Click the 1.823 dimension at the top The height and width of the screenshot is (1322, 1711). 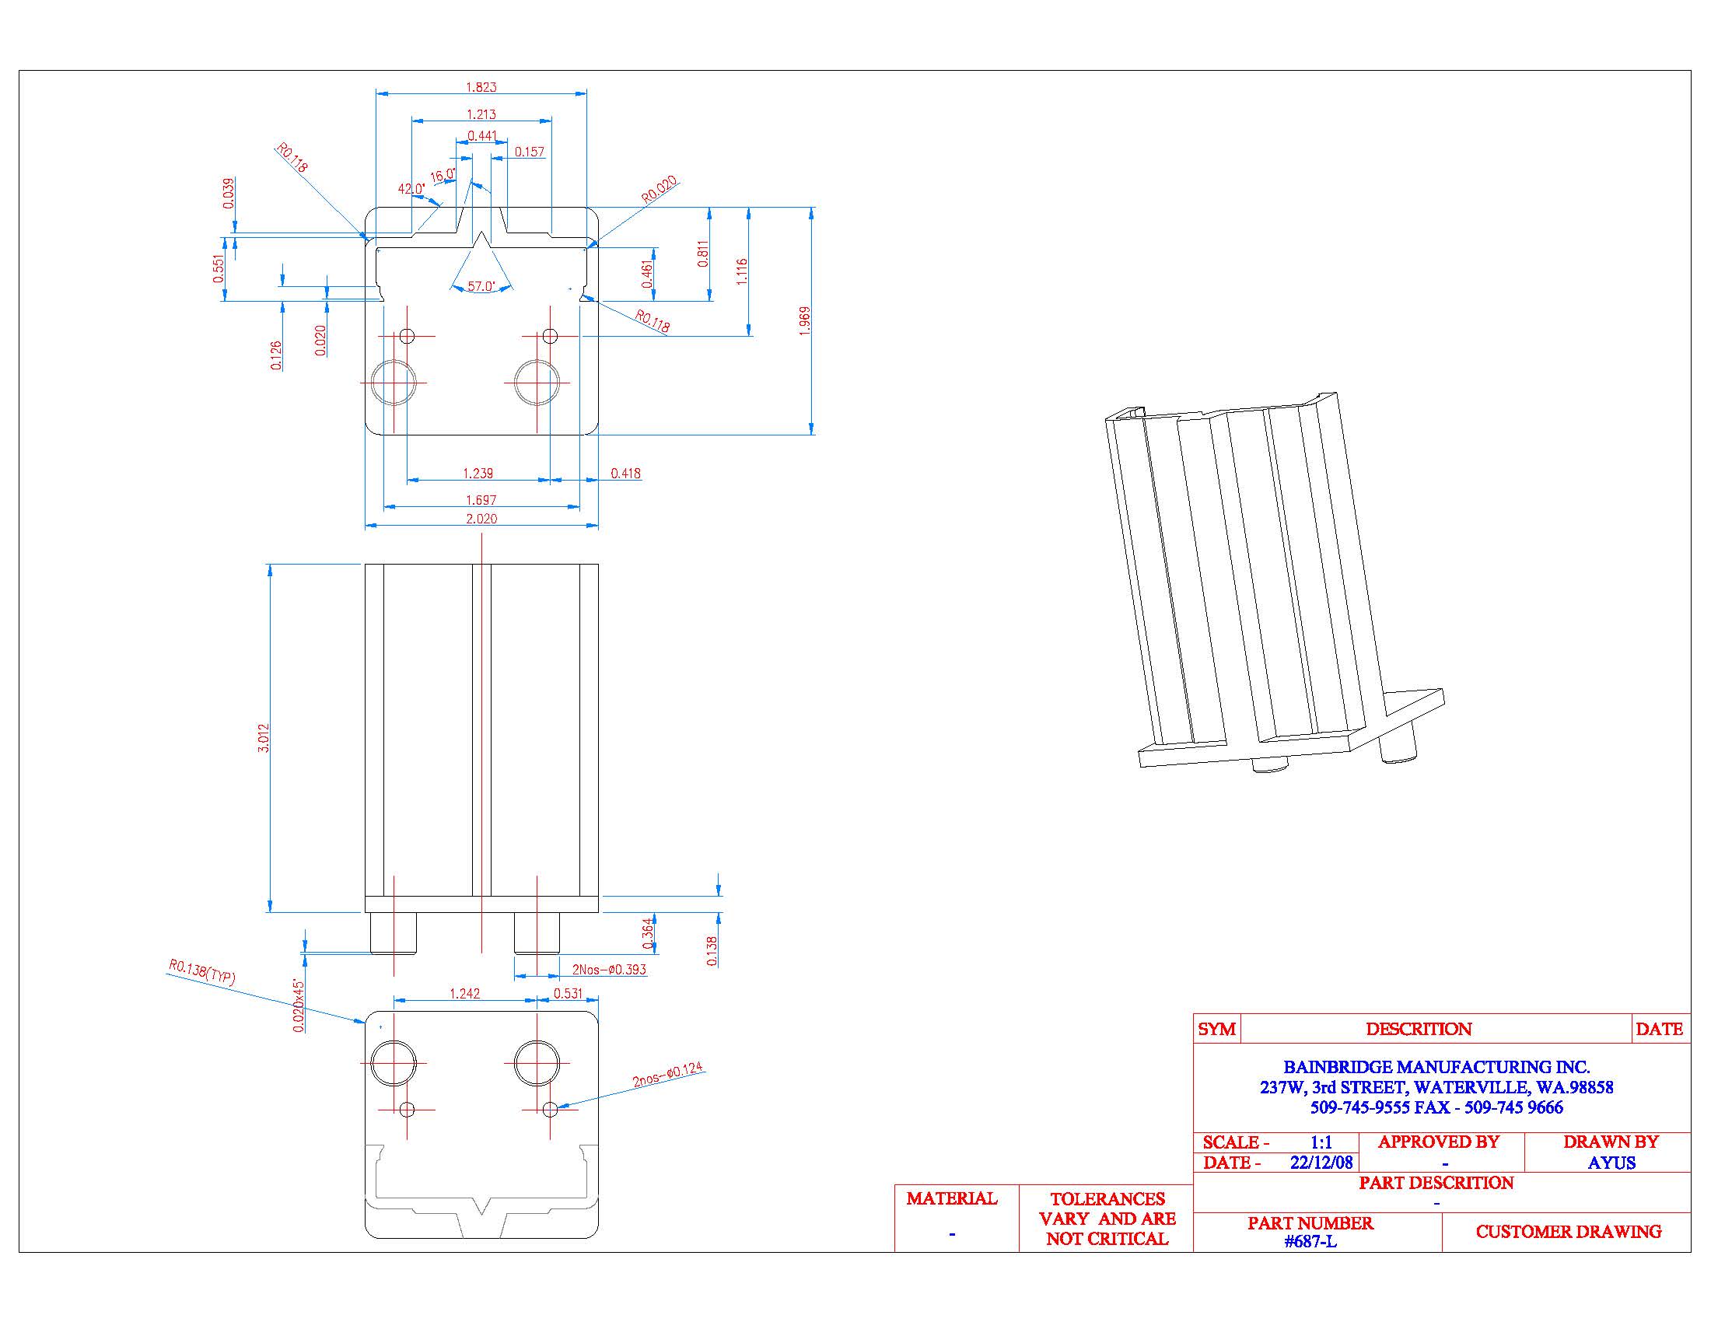point(481,87)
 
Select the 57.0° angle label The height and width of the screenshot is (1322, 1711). point(481,287)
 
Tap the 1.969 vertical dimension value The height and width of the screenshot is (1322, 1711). point(805,321)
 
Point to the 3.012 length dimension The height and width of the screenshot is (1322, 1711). point(264,738)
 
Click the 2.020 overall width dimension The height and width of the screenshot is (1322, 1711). point(481,519)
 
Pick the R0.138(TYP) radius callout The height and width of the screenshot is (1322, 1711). point(201,972)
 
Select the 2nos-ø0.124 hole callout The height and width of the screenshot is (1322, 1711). point(667,1075)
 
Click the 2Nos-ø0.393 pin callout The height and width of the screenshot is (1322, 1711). point(609,970)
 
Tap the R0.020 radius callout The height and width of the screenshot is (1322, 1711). point(659,191)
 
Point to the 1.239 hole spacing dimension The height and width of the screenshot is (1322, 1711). point(478,473)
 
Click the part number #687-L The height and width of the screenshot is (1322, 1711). point(1310,1242)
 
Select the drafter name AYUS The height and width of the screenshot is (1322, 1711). point(1611,1163)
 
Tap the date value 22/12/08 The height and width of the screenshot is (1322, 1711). point(1321,1163)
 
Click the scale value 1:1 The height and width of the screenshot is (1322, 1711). point(1321,1142)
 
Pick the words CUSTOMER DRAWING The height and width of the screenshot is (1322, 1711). point(1569,1232)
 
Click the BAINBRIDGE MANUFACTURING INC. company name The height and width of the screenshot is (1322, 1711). point(1436,1067)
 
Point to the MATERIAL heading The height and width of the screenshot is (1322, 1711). point(951,1198)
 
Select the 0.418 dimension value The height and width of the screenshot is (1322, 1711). point(625,473)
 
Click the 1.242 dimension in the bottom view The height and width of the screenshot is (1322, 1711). point(464,994)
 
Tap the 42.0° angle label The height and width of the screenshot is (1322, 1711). point(411,189)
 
